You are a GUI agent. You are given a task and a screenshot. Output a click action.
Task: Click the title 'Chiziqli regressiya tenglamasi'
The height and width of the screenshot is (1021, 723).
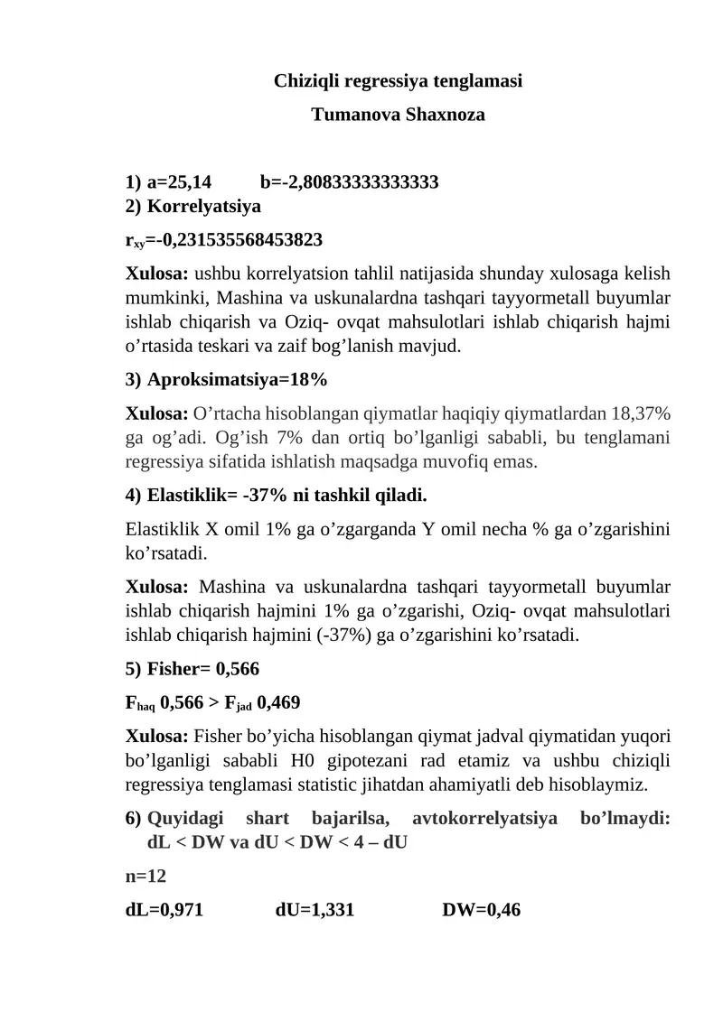coord(398,80)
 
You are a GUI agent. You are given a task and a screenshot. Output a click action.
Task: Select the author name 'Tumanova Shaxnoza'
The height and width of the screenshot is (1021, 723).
coord(398,116)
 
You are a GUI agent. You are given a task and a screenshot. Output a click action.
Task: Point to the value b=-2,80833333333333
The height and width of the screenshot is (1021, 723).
coord(349,183)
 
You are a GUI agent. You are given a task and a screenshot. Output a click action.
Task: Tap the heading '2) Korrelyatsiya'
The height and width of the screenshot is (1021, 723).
coord(192,207)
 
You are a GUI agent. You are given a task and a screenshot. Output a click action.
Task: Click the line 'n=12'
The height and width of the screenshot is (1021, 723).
coord(146,877)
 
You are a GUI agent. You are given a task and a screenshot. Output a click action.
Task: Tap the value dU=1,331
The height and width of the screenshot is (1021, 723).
coord(314,911)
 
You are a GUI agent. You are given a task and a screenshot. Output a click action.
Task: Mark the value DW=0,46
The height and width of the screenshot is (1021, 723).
coord(481,911)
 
